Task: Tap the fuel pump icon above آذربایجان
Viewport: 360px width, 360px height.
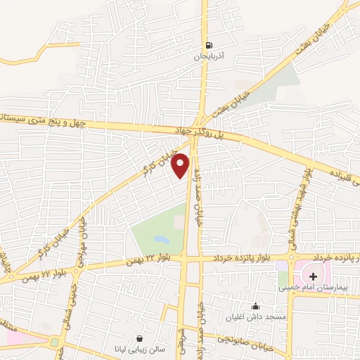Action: coord(207,46)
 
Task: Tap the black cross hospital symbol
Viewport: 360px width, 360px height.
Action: coord(313,276)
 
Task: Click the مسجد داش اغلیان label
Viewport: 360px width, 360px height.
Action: coord(255,316)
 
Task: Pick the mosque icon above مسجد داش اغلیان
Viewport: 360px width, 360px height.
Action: coord(255,306)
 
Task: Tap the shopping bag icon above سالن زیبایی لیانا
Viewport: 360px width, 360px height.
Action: coord(140,337)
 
